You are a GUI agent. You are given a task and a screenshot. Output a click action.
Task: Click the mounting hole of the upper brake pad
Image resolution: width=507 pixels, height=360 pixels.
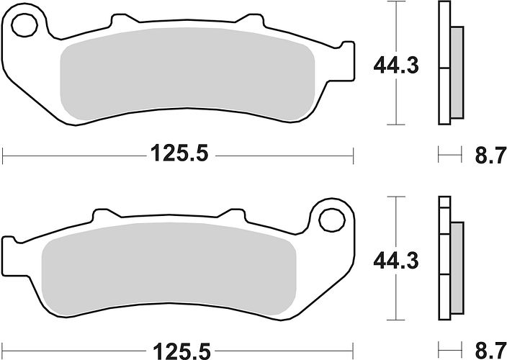click(24, 25)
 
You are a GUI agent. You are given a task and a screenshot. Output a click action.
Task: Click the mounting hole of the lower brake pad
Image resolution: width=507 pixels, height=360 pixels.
click(331, 220)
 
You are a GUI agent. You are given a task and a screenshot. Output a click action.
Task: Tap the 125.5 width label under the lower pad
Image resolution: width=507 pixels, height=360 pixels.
click(181, 351)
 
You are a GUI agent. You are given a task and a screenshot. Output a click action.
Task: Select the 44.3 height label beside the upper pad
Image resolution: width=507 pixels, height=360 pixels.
click(396, 66)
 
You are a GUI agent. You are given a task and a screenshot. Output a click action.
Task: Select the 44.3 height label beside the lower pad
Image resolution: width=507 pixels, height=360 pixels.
click(396, 261)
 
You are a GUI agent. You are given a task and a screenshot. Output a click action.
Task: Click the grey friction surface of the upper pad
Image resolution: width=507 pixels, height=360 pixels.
click(187, 73)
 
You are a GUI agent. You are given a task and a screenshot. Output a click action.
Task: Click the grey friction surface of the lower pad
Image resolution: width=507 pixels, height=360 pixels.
click(169, 269)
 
